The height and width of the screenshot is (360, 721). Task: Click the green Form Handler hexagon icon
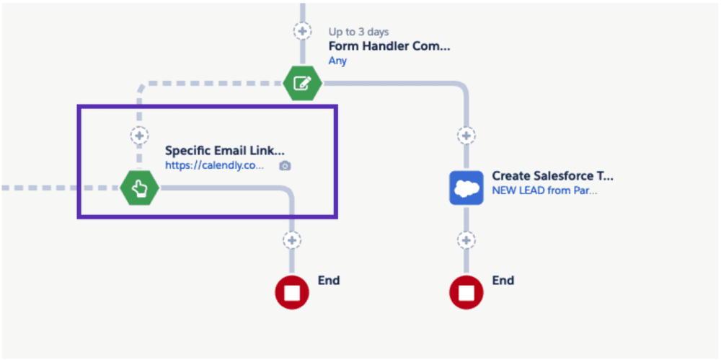(x=302, y=83)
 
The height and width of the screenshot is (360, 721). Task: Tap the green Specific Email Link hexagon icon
(x=139, y=188)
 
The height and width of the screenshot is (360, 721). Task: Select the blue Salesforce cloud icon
(x=466, y=188)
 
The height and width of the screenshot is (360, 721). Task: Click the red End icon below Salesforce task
(x=466, y=292)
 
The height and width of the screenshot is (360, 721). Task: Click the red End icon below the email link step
(x=292, y=292)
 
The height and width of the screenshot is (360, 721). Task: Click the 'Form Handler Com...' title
(x=389, y=46)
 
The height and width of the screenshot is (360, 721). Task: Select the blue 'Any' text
(x=337, y=61)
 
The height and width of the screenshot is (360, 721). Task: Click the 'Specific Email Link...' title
(x=224, y=151)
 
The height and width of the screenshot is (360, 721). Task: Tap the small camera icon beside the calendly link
(x=285, y=166)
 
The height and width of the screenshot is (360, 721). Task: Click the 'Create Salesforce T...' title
(x=552, y=176)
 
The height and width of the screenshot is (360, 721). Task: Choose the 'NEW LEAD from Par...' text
(x=544, y=190)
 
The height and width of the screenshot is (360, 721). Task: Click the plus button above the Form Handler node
(x=301, y=31)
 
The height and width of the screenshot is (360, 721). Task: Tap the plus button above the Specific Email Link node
(x=138, y=135)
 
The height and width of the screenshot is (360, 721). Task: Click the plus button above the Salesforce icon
(x=466, y=135)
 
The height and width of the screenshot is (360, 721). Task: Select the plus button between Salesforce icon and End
(x=466, y=240)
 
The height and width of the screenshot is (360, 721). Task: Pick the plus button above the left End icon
(x=292, y=240)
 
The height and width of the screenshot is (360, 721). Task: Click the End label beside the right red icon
(x=503, y=280)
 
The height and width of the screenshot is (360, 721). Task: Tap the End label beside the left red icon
(x=328, y=280)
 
